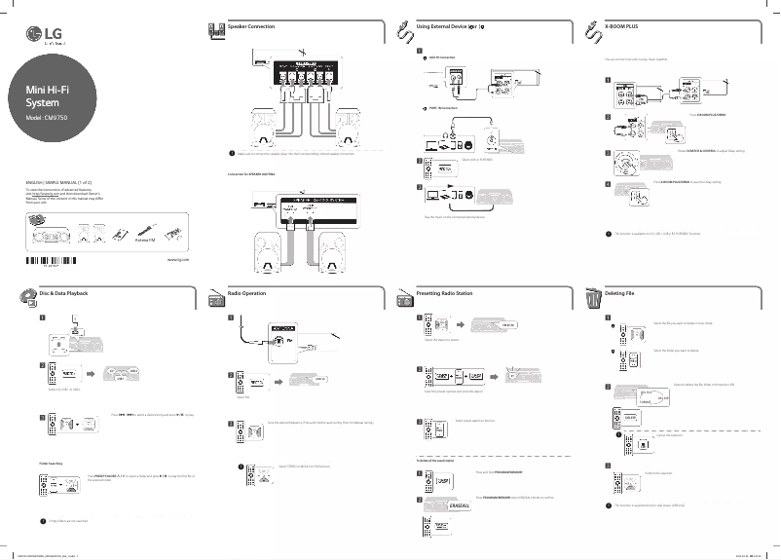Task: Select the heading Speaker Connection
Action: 250,25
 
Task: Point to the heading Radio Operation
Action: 249,292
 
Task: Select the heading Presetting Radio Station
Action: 444,292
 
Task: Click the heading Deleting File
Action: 623,292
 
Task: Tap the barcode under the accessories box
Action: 49,259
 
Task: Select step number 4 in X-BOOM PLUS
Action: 609,183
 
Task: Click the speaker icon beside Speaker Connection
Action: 216,29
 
